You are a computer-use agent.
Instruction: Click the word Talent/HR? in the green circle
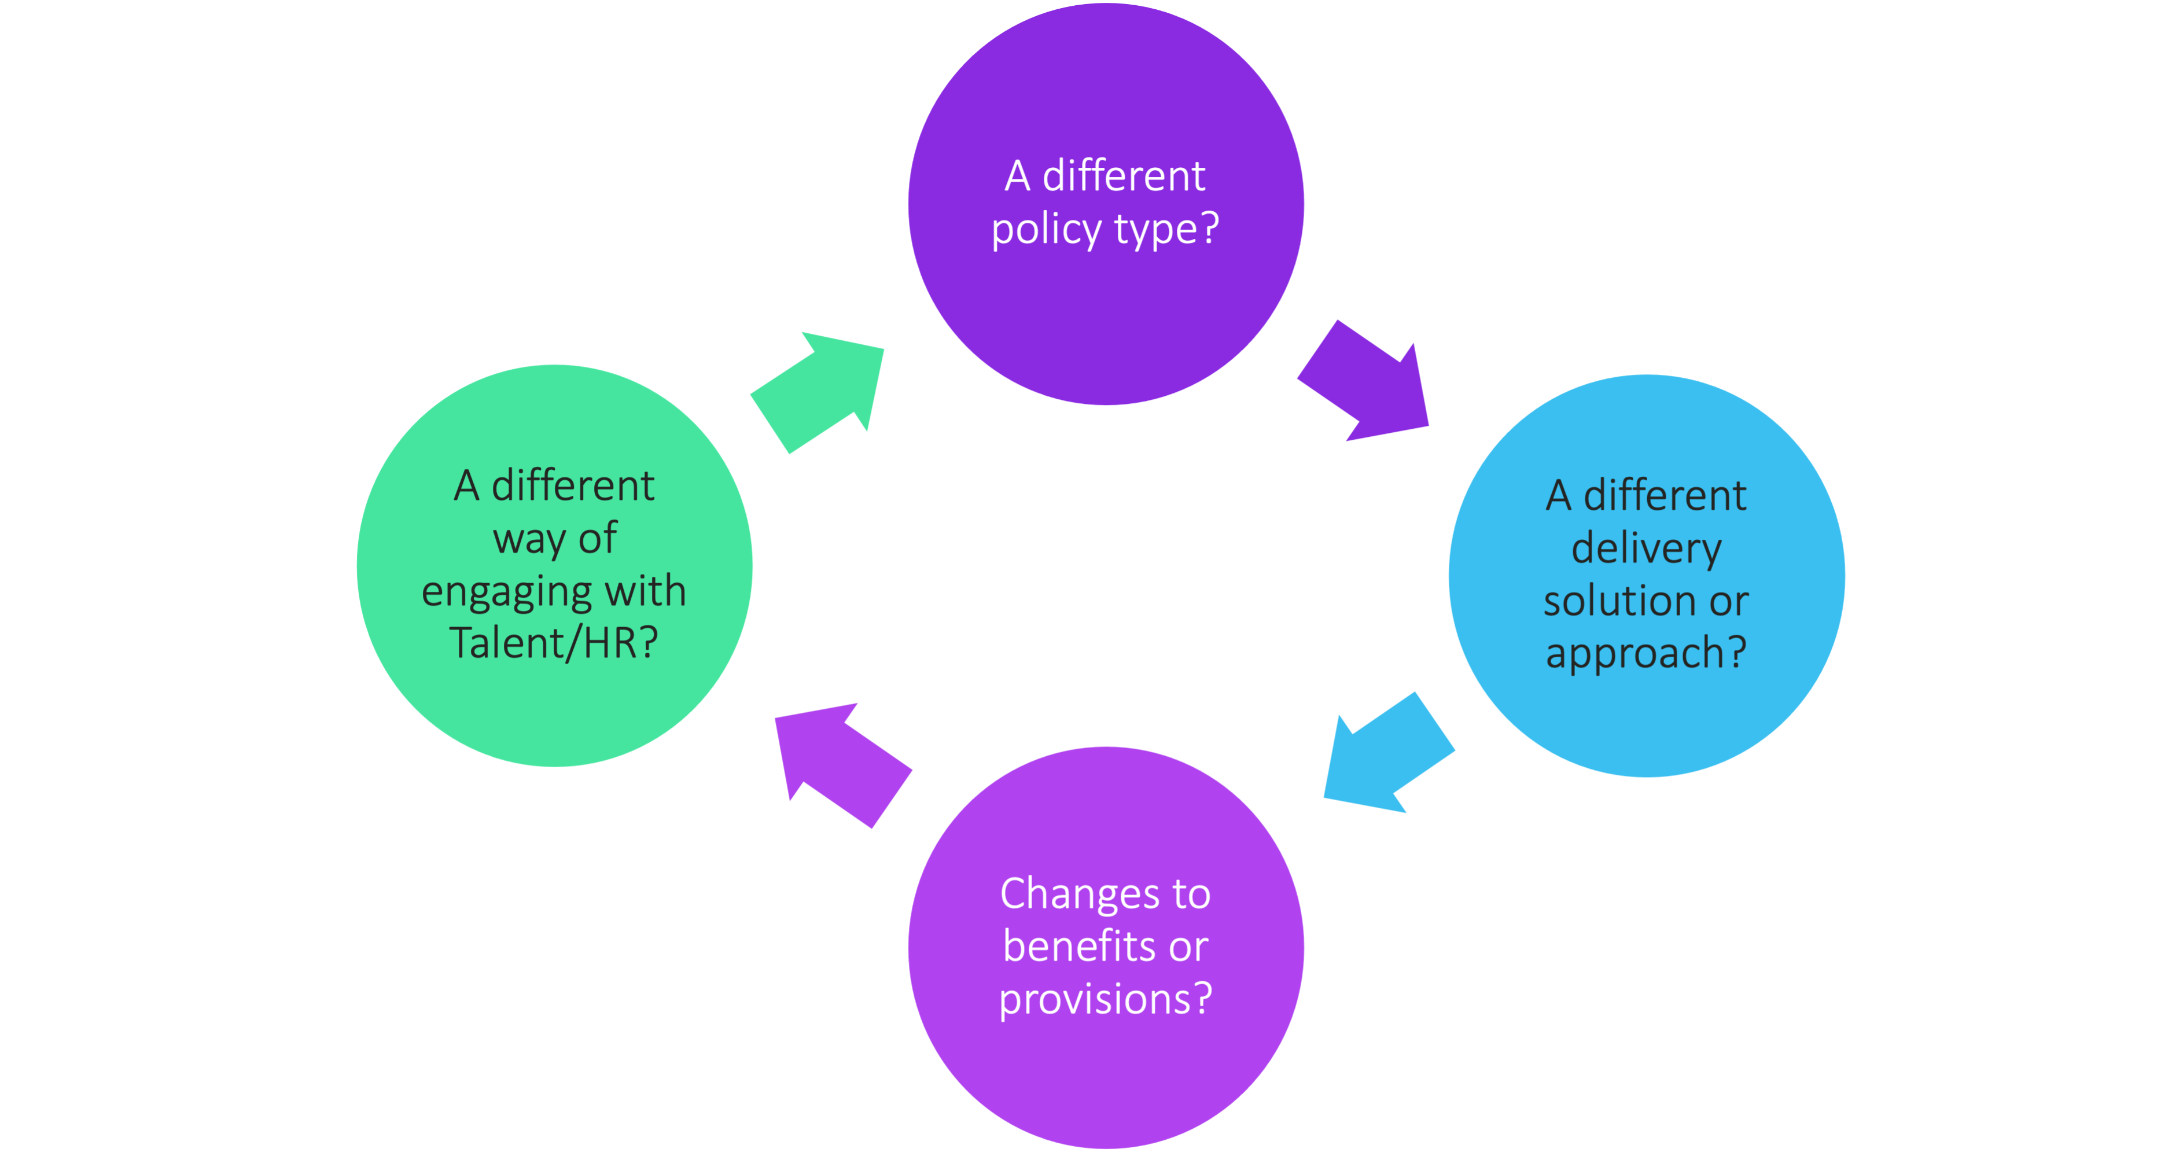554,643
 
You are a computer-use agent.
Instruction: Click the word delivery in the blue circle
1646,550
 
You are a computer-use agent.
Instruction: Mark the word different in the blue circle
1665,496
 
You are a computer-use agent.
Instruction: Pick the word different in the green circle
572,487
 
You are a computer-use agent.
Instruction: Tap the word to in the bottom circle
1191,894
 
